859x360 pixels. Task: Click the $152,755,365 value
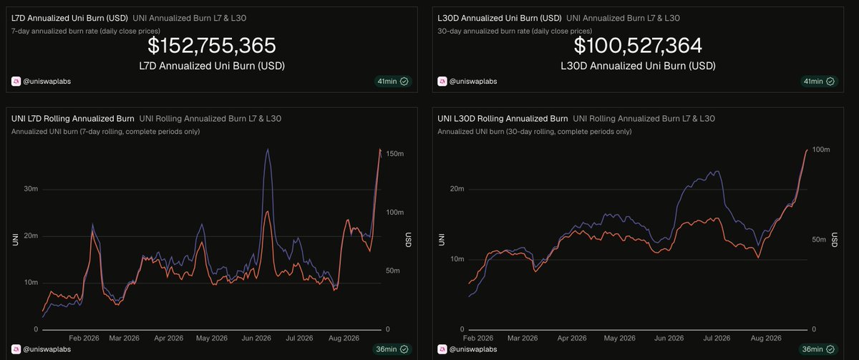[x=212, y=46]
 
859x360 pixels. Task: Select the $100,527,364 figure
[x=638, y=46]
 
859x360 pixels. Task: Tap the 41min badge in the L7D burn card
[x=393, y=82]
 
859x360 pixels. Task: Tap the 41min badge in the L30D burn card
[x=819, y=82]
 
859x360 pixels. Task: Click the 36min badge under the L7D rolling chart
[x=392, y=349]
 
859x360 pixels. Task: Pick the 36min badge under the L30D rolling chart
[x=818, y=349]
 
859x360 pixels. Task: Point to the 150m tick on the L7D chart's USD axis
[x=395, y=154]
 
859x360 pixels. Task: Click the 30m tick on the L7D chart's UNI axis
[x=31, y=189]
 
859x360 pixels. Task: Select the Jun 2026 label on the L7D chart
[x=256, y=338]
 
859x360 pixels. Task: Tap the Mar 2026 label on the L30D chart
[x=523, y=338]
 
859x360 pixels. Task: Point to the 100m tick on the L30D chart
[x=821, y=150]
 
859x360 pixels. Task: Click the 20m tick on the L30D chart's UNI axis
[x=457, y=189]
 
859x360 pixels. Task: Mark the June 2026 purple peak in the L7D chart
[x=267, y=149]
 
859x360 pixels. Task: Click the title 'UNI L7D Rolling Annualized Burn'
[x=73, y=119]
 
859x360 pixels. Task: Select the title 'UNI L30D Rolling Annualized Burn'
[x=503, y=119]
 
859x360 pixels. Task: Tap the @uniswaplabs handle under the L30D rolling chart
[x=473, y=349]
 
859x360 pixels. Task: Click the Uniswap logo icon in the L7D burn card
[x=16, y=82]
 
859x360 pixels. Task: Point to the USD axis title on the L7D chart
[x=409, y=240]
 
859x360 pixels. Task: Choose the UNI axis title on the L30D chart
[x=442, y=240]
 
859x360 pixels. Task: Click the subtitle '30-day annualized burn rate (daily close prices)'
[x=515, y=31]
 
